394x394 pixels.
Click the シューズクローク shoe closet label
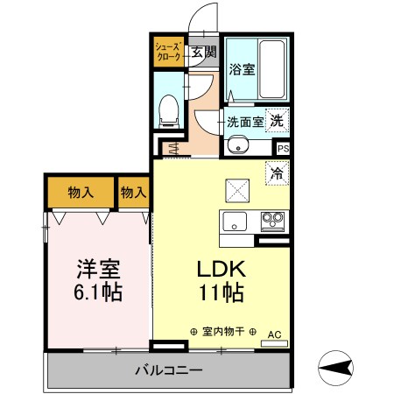(168, 50)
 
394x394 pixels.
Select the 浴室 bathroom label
(243, 69)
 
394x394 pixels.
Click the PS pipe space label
(282, 150)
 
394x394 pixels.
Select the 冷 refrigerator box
(277, 174)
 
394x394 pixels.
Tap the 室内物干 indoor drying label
(223, 332)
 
